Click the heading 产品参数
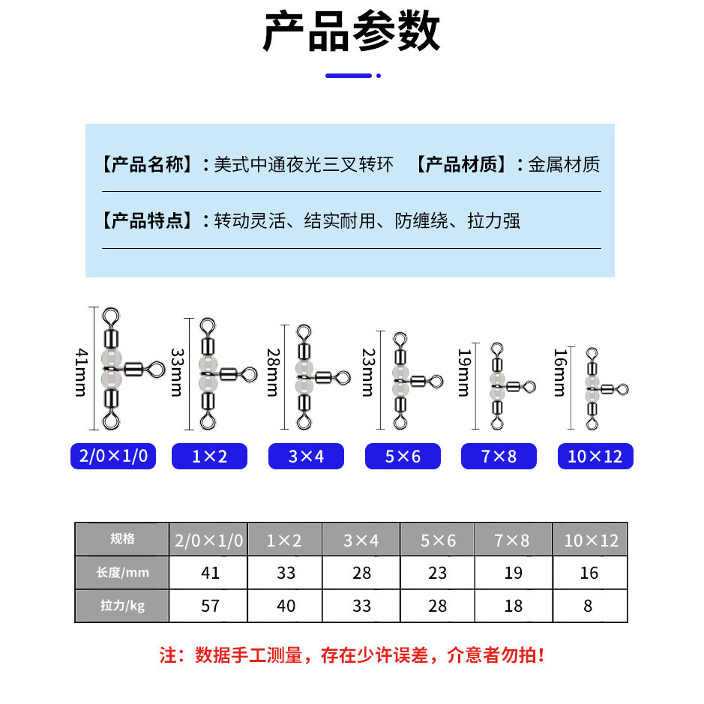[x=352, y=32]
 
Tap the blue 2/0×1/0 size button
[x=113, y=456]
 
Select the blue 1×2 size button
[x=210, y=456]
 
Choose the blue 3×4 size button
[x=306, y=456]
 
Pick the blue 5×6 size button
[x=403, y=456]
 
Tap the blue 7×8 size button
[x=499, y=456]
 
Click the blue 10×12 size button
[x=595, y=456]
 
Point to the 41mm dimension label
[x=82, y=369]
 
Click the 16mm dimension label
[x=560, y=373]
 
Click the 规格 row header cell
[x=122, y=539]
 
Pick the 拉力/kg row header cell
[x=122, y=605]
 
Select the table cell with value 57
[x=211, y=605]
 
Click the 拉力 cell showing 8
[x=589, y=605]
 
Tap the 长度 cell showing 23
[x=437, y=573]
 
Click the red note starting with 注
[x=352, y=655]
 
